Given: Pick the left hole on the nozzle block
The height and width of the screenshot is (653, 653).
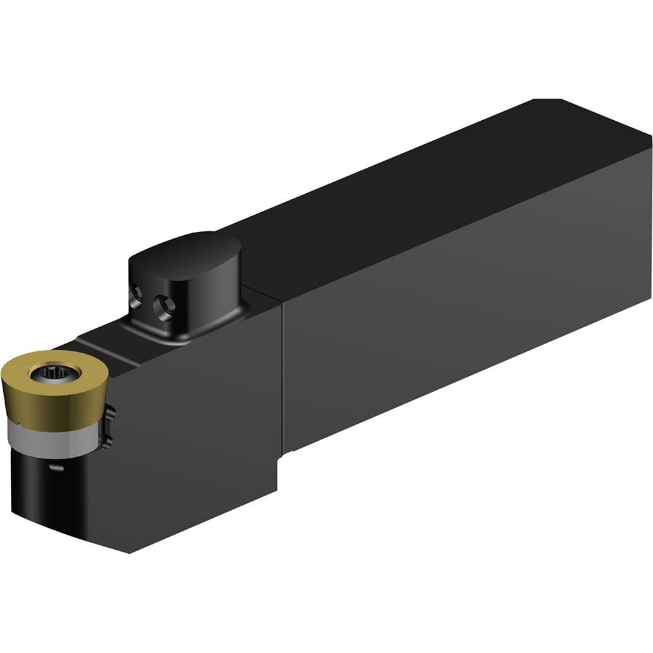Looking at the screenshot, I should tap(137, 298).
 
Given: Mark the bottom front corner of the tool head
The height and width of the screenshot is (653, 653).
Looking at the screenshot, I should tap(131, 552).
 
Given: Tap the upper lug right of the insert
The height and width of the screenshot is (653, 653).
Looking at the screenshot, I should tap(110, 413).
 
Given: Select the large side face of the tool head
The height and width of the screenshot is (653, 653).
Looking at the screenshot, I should tap(196, 424).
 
